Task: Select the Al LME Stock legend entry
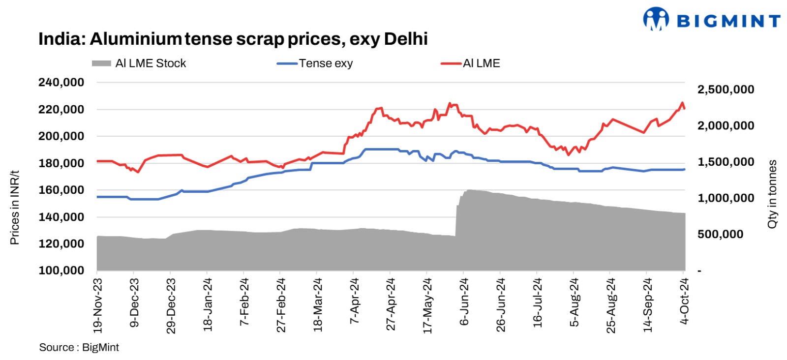tap(139, 63)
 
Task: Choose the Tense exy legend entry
tap(315, 63)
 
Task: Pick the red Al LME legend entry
tap(471, 63)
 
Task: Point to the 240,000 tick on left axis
tap(61, 83)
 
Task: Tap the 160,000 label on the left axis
tap(61, 190)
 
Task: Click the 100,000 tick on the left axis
tap(61, 270)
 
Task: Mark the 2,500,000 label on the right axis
tap(726, 90)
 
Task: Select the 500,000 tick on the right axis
tap(720, 234)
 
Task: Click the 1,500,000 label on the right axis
tap(726, 162)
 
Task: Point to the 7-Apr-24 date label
tap(354, 301)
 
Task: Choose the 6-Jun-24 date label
tap(464, 301)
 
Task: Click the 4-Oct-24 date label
tap(684, 301)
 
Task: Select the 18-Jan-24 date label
tap(208, 303)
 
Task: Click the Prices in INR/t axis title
tap(15, 207)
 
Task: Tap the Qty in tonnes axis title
tap(772, 194)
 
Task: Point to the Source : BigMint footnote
tap(79, 347)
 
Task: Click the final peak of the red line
tap(682, 103)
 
